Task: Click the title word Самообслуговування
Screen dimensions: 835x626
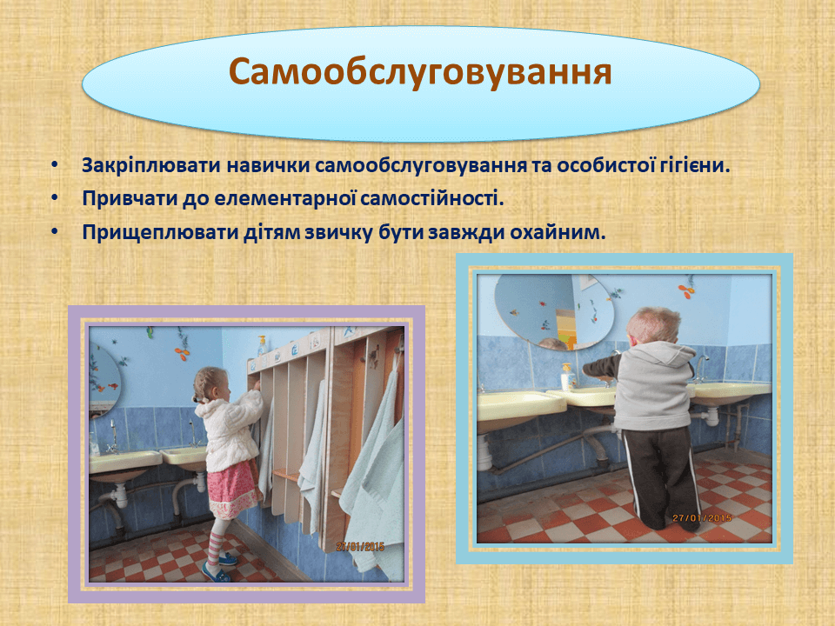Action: click(x=420, y=72)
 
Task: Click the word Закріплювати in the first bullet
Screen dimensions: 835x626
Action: click(x=151, y=165)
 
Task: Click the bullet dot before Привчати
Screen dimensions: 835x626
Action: click(x=55, y=198)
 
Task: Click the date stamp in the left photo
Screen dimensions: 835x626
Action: click(x=360, y=546)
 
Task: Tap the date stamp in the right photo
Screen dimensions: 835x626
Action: click(x=702, y=517)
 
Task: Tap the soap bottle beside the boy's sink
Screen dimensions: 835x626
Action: click(x=568, y=376)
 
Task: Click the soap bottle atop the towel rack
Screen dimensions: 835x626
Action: click(x=262, y=346)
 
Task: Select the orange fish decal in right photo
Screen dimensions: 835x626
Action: click(x=685, y=290)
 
